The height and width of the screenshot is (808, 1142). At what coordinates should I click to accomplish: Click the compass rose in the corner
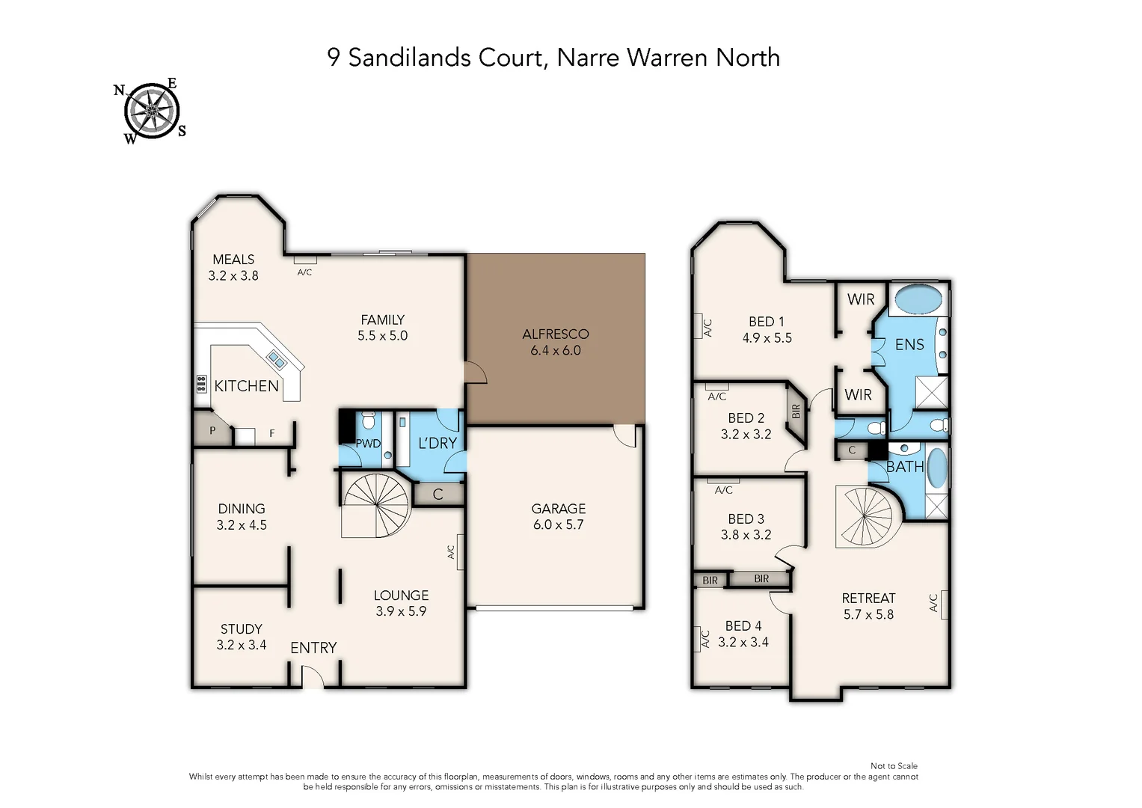tap(152, 111)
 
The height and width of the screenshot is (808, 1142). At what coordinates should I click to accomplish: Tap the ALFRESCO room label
tap(555, 334)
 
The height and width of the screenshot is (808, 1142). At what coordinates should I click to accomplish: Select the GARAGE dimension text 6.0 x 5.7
tap(558, 524)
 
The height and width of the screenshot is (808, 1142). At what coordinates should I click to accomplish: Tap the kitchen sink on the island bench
tap(276, 361)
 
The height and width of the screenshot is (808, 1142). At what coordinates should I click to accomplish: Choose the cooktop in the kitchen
tap(200, 384)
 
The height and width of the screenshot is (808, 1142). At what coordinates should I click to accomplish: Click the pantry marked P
tap(212, 431)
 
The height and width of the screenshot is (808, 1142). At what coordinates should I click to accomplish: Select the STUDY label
tap(241, 628)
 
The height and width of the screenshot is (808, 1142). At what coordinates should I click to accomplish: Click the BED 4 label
tap(743, 625)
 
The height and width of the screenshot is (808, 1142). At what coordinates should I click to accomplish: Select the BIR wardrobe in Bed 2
tap(796, 411)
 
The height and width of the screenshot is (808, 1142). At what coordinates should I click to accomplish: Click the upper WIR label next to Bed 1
tap(860, 299)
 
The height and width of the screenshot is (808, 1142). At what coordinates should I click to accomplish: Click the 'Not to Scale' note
tap(894, 765)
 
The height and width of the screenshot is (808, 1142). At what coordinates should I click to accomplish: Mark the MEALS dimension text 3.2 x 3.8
tap(233, 275)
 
